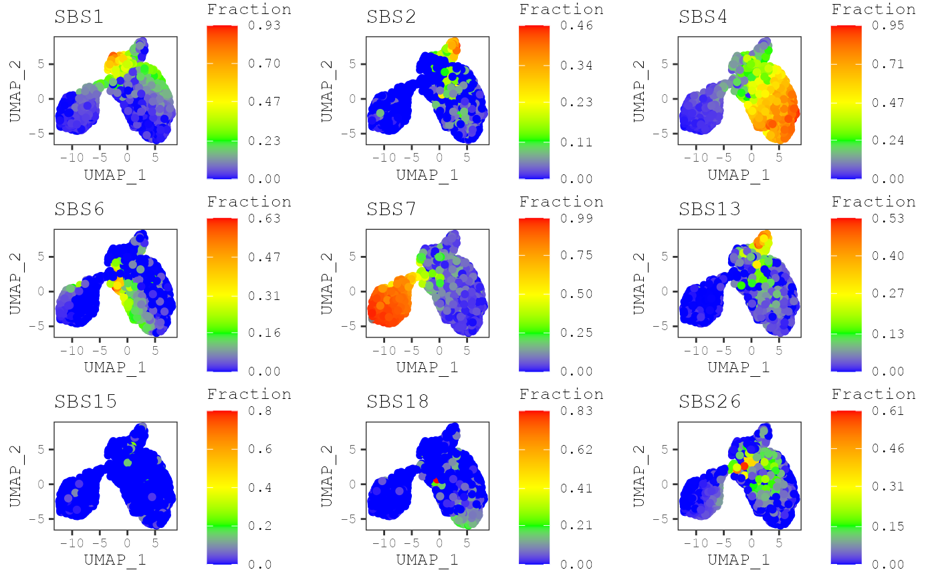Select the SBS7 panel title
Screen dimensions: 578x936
point(391,209)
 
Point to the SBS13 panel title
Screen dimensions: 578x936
point(711,209)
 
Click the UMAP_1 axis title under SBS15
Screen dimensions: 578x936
point(115,560)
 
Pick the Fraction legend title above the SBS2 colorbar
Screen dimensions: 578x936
point(562,9)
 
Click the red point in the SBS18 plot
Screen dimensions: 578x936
point(436,480)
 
